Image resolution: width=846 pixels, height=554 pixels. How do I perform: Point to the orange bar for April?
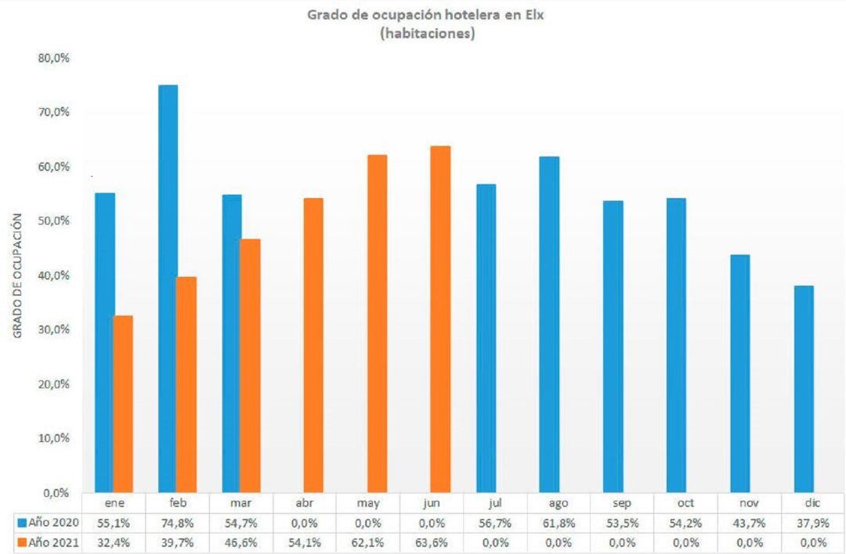tap(313, 345)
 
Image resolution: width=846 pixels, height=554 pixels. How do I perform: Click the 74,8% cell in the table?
tap(177, 522)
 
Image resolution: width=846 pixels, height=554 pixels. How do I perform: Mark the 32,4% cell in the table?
tap(114, 541)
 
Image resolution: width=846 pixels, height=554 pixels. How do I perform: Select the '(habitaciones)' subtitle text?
tap(423, 34)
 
